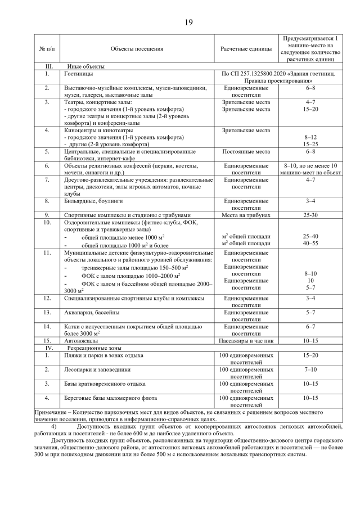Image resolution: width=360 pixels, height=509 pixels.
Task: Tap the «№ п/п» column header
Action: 48,49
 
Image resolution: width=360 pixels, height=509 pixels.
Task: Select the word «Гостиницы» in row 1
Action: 79,74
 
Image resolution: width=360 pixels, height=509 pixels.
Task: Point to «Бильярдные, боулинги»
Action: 93,200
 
